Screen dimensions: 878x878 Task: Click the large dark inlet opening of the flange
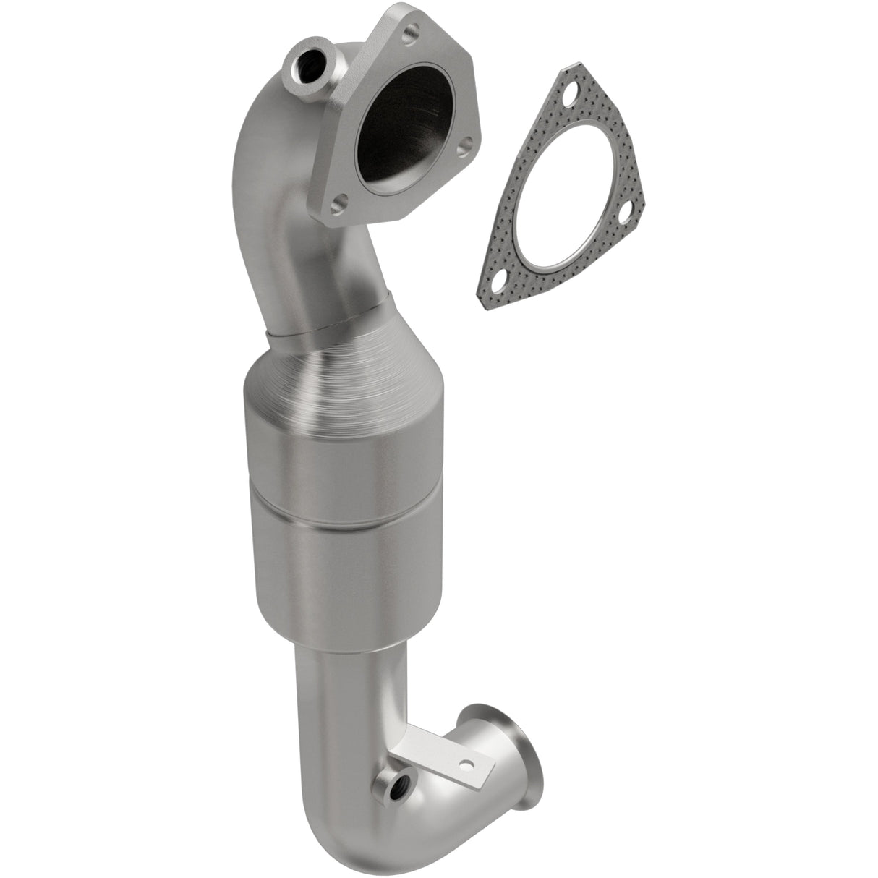point(405,119)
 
